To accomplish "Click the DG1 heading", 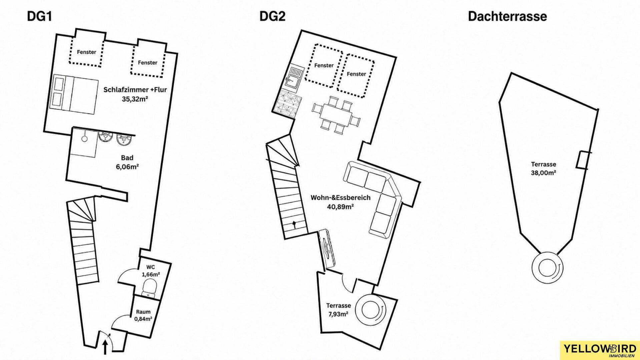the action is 40,16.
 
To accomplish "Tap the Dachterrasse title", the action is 507,16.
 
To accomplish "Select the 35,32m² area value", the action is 135,99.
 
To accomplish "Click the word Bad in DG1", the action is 127,158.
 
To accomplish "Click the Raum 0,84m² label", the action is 143,315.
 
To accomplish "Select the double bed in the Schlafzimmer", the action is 75,93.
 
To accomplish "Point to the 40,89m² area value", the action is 340,207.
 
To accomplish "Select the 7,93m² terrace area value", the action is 338,314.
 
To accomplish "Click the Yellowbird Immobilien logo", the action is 599,351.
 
